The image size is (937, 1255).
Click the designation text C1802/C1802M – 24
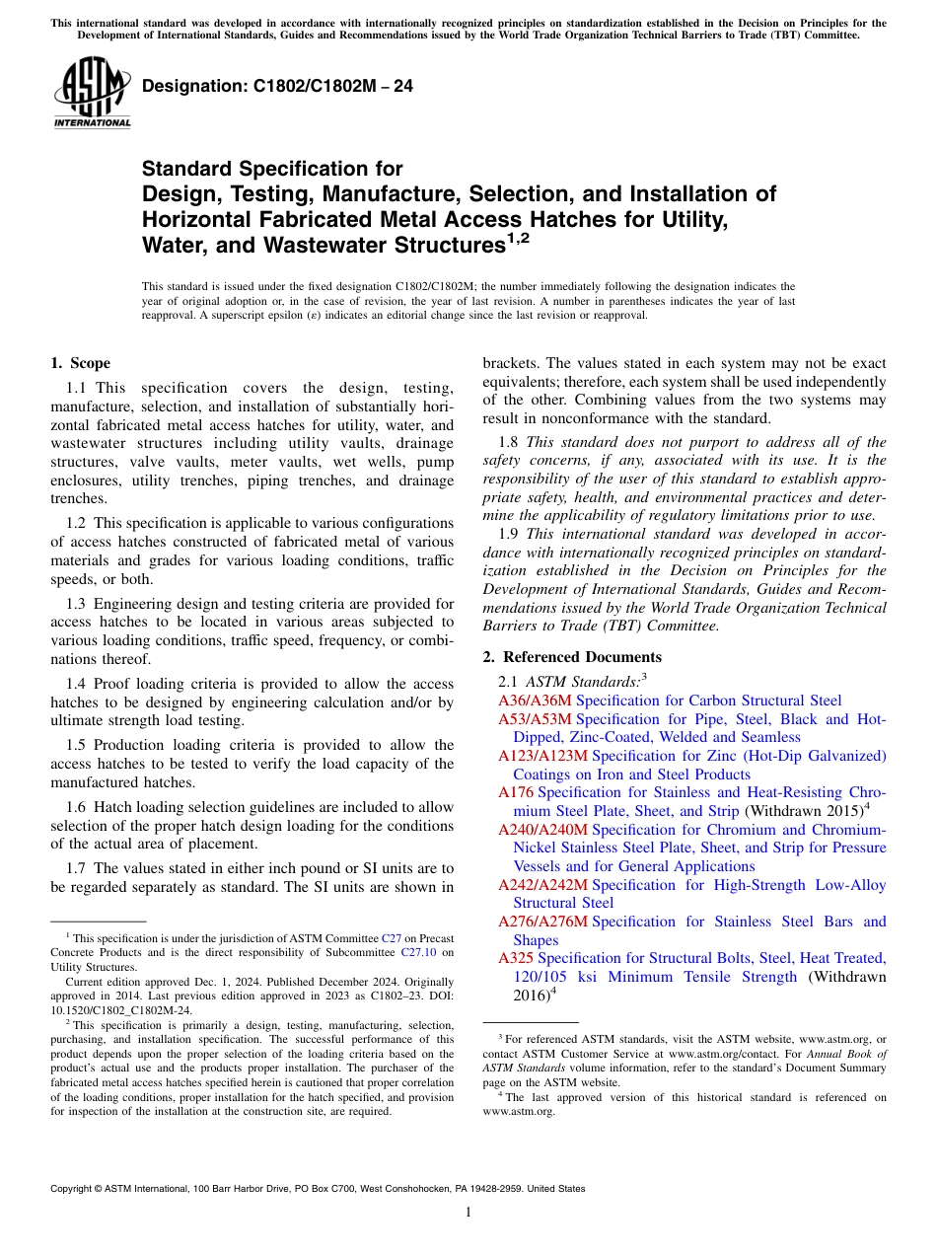pyautogui.click(x=277, y=87)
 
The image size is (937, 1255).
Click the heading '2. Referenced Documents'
pyautogui.click(x=572, y=657)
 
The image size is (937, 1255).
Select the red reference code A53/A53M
pyautogui.click(x=535, y=719)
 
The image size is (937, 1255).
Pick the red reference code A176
pyautogui.click(x=516, y=792)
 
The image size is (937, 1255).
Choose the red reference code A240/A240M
pyautogui.click(x=542, y=830)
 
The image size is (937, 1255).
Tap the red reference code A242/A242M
pyautogui.click(x=542, y=885)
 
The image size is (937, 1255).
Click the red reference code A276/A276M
pyautogui.click(x=542, y=922)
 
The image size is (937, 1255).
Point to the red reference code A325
pyautogui.click(x=516, y=958)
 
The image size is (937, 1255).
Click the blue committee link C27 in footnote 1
pyautogui.click(x=391, y=938)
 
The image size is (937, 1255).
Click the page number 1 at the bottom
pyautogui.click(x=468, y=1212)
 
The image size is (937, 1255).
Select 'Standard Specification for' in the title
pyautogui.click(x=272, y=170)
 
